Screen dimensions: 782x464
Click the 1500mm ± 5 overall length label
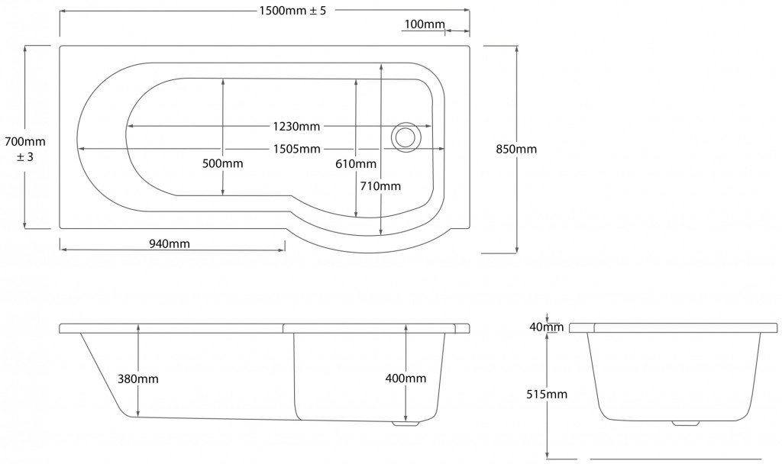click(x=292, y=11)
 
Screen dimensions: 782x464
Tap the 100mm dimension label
click(x=425, y=24)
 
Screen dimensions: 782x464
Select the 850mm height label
click(x=516, y=149)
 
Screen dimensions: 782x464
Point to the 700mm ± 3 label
click(x=25, y=149)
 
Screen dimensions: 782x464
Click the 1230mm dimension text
click(x=296, y=127)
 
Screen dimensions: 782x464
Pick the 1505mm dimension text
click(x=297, y=149)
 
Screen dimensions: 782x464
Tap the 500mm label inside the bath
click(x=222, y=163)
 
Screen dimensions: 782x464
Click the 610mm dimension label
click(x=356, y=163)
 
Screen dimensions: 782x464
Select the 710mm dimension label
click(x=380, y=186)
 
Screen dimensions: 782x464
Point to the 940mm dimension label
click(x=170, y=243)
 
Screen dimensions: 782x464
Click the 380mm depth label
click(x=138, y=379)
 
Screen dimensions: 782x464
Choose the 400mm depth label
click(x=406, y=379)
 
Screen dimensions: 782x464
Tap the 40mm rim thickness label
click(x=547, y=327)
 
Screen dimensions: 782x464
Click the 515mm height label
click(x=547, y=395)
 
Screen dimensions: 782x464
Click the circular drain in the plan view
click(x=406, y=136)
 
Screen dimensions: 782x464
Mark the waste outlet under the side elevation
click(x=406, y=424)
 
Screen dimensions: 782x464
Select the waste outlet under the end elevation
click(x=686, y=424)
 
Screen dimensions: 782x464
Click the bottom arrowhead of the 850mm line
click(x=517, y=250)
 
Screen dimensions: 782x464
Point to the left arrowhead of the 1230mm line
click(x=130, y=127)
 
